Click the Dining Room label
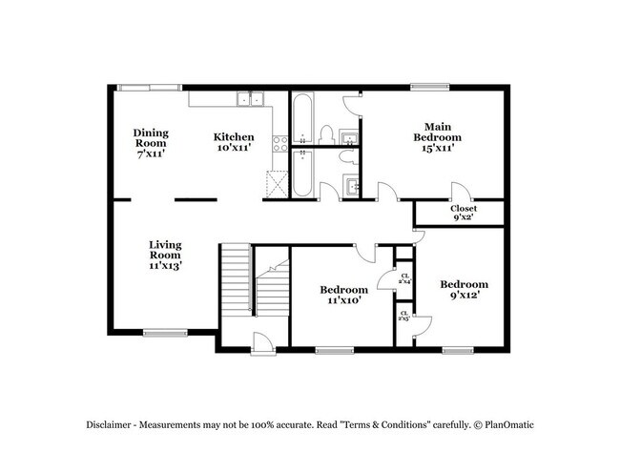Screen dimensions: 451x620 pyautogui.click(x=150, y=143)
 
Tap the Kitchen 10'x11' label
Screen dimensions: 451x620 pyautogui.click(x=233, y=142)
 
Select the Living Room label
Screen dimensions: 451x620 pyautogui.click(x=164, y=255)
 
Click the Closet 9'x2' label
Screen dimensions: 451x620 pyautogui.click(x=464, y=213)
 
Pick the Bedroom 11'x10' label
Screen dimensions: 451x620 pyautogui.click(x=343, y=295)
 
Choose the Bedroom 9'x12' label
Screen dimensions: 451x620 pyautogui.click(x=464, y=290)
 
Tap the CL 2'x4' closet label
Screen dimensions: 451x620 pyautogui.click(x=405, y=278)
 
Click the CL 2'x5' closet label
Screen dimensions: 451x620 pyautogui.click(x=404, y=316)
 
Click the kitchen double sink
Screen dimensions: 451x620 pyautogui.click(x=250, y=98)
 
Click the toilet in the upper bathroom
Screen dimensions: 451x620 pyautogui.click(x=325, y=133)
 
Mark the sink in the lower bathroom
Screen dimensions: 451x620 pyautogui.click(x=350, y=186)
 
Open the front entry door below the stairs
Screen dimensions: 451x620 pyautogui.click(x=259, y=339)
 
